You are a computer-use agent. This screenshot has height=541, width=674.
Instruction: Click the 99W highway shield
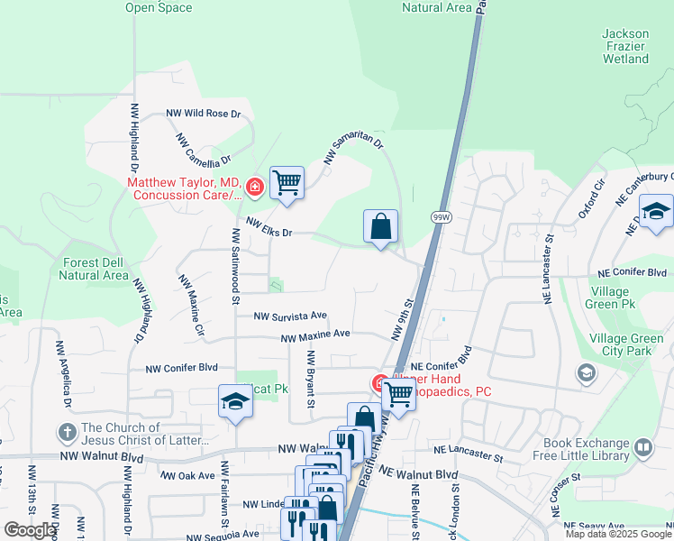pos(441,217)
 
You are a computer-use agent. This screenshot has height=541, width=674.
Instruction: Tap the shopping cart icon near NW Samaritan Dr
pos(287,182)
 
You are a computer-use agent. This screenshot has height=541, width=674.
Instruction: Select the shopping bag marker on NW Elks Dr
pos(381,227)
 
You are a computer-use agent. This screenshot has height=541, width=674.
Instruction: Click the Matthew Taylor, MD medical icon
pos(254,188)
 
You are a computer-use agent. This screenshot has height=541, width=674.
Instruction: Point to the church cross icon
pos(66,434)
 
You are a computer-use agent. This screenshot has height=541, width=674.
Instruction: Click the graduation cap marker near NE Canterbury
pos(656,213)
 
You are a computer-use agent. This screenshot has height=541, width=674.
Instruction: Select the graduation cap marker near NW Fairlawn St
pos(235,402)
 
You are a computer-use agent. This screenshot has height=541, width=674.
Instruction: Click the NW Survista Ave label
pos(289,316)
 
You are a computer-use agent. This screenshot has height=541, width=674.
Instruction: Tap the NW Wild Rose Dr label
pos(204,115)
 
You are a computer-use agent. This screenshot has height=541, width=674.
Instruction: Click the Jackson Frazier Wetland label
pos(625,46)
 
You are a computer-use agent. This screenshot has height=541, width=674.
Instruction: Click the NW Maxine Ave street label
pos(315,335)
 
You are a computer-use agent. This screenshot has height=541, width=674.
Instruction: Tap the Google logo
pos(29,530)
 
